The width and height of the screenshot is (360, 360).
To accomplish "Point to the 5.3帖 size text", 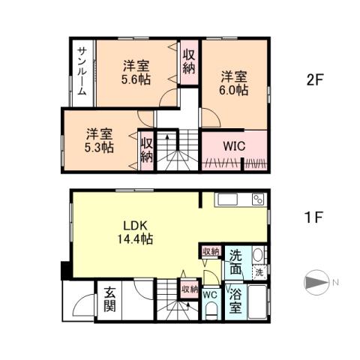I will [x=99, y=148].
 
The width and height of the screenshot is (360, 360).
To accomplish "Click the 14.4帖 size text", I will [x=135, y=240].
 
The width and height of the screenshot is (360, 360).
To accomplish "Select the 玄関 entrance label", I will [x=109, y=299].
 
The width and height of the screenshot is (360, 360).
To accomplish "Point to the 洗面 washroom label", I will [x=236, y=260].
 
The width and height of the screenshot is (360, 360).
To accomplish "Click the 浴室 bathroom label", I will [x=235, y=299].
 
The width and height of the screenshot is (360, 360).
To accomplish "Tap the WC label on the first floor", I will [x=210, y=295].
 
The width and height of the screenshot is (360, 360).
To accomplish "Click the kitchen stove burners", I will [x=258, y=199].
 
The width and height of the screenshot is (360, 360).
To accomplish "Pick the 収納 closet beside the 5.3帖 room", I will [x=146, y=149].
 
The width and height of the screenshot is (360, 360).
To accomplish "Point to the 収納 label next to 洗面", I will [x=210, y=251].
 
